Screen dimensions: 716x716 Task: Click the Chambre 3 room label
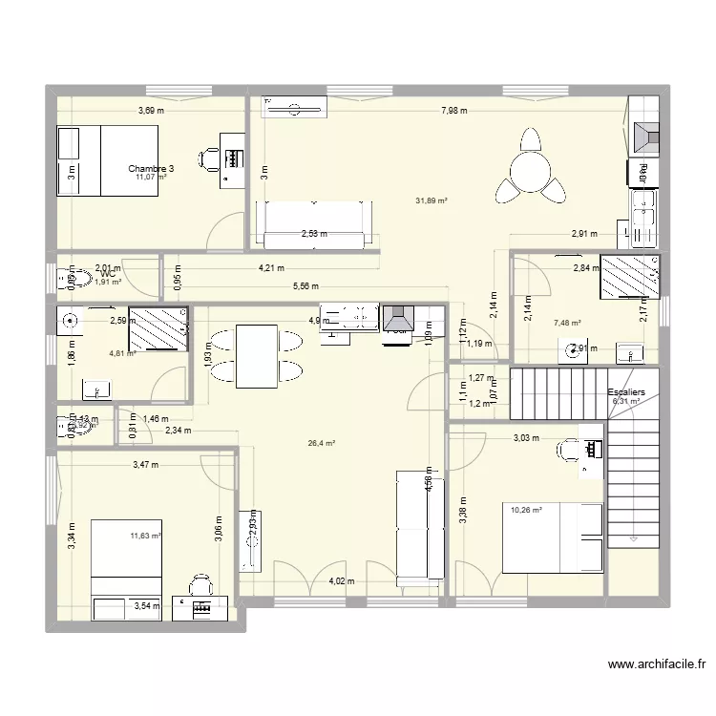[151, 167]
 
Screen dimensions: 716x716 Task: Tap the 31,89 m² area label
[432, 200]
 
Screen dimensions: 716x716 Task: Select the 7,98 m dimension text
[454, 111]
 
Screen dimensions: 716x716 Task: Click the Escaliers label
[625, 392]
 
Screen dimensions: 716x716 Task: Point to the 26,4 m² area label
[321, 443]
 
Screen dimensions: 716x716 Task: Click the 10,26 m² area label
[526, 510]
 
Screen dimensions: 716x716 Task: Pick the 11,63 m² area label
[146, 537]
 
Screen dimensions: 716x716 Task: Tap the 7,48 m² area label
[567, 323]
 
